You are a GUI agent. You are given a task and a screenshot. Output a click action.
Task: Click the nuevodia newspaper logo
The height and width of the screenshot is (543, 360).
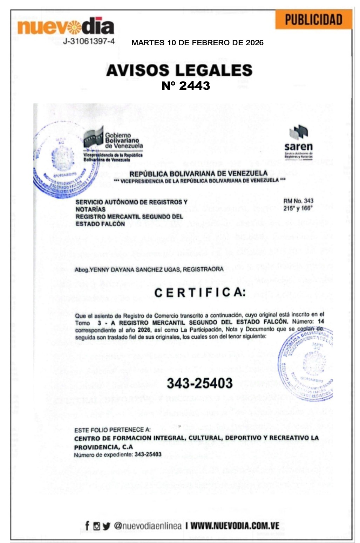(x=66, y=26)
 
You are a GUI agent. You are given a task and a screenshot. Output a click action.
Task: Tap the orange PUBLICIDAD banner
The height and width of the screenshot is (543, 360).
(x=313, y=20)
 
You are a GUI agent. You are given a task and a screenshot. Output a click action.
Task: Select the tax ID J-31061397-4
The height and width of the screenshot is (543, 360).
(x=89, y=41)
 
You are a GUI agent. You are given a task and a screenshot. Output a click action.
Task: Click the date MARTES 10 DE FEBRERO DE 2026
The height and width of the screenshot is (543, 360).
(x=197, y=43)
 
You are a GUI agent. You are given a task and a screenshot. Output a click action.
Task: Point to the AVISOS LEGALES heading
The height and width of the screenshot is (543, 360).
(x=179, y=70)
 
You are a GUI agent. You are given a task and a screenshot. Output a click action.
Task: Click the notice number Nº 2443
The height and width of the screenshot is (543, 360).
(x=186, y=86)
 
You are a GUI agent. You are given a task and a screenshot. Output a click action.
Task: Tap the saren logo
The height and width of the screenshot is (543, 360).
(x=298, y=142)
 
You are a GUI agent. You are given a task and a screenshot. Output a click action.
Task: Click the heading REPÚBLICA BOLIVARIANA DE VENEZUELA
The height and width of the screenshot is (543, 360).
(x=198, y=174)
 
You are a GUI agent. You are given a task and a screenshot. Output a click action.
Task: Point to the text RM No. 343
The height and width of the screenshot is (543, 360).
(x=298, y=201)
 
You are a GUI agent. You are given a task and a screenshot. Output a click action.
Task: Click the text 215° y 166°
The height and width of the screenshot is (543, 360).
(x=298, y=208)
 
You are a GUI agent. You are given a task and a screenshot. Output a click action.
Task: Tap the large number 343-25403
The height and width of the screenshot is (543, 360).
(x=199, y=383)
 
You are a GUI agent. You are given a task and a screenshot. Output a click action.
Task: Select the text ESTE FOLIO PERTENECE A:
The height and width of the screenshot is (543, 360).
(x=112, y=430)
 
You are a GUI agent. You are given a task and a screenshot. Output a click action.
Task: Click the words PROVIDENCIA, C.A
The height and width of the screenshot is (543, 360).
(x=103, y=447)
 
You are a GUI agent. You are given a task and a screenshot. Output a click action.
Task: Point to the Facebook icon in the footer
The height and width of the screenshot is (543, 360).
(x=87, y=525)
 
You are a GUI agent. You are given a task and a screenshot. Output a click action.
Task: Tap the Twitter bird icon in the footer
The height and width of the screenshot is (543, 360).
(x=107, y=526)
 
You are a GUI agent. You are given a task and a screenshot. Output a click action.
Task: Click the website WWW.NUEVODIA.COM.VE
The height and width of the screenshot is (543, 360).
(x=235, y=526)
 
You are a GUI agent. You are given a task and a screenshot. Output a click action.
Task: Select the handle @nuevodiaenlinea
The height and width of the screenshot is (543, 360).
(x=148, y=526)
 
